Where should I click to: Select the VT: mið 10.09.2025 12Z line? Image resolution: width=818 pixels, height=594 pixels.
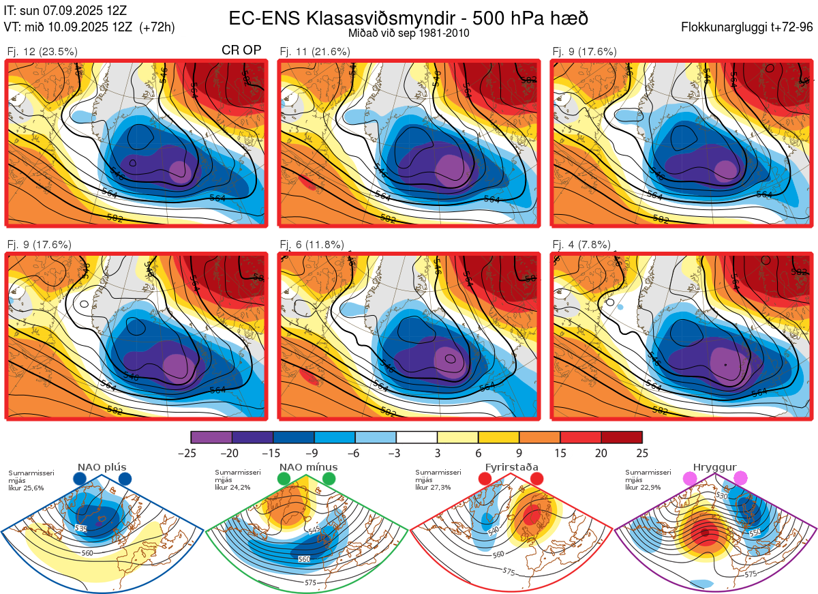(89, 27)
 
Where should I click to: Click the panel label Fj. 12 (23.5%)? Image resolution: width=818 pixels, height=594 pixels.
(42, 51)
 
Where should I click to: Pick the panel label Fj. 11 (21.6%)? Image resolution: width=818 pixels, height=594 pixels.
(315, 51)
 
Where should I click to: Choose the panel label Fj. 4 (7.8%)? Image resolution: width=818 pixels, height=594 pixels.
(581, 245)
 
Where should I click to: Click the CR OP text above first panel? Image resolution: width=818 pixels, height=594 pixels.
(242, 50)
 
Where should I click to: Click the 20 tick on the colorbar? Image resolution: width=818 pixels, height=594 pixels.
(601, 453)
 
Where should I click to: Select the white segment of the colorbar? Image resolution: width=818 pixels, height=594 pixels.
(416, 437)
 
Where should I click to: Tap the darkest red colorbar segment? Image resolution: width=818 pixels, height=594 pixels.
(622, 437)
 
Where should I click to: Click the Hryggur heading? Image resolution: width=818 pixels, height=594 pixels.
(715, 467)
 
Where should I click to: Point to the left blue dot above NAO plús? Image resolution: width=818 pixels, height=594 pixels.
(80, 479)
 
